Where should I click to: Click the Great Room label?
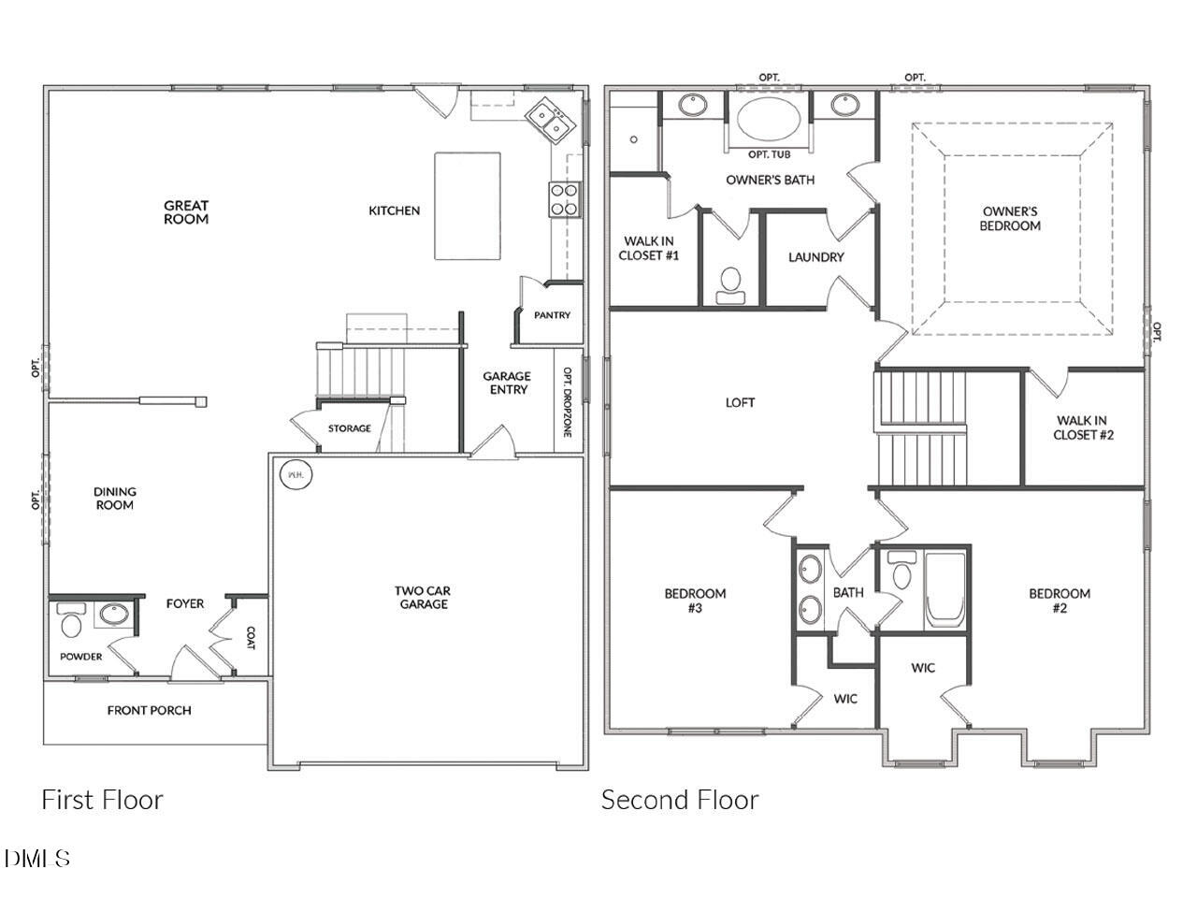[x=186, y=212]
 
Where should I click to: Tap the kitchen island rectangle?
[x=467, y=206]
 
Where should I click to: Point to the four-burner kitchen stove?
[x=563, y=199]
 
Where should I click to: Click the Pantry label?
[x=552, y=315]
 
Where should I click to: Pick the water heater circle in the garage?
[x=296, y=474]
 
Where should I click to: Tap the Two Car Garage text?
[x=423, y=597]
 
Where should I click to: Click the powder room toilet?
[x=71, y=620]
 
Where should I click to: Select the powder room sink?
[x=113, y=616]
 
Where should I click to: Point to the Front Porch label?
[x=149, y=710]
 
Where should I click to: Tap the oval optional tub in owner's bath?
[x=769, y=120]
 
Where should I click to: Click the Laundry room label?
[x=815, y=257]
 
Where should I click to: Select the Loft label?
[x=740, y=402]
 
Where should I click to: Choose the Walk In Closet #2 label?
[x=1083, y=427]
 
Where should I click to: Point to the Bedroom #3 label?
[x=695, y=601]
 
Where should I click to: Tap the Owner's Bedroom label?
[x=1010, y=219]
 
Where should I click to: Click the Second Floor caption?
[x=680, y=800]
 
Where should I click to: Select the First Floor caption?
[x=102, y=800]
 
